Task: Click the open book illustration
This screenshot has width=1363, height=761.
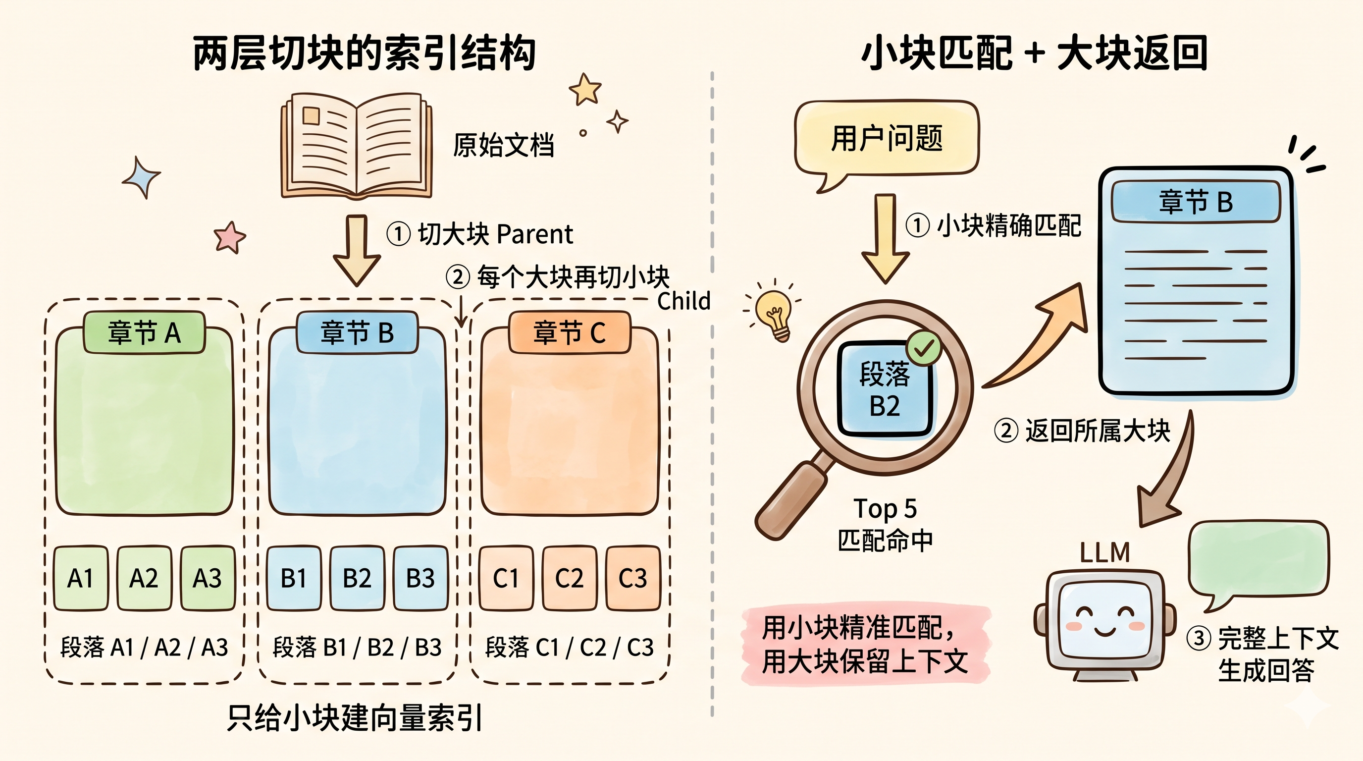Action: pyautogui.click(x=356, y=146)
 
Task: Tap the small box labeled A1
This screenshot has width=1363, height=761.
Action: pyautogui.click(x=81, y=578)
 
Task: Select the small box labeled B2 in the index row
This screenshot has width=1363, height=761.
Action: pyautogui.click(x=357, y=578)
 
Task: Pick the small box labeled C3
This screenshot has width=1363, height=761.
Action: pyautogui.click(x=633, y=578)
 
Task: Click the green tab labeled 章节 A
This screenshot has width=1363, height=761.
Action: pyautogui.click(x=144, y=332)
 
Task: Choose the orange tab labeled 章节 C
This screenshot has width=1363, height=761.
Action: pyautogui.click(x=570, y=332)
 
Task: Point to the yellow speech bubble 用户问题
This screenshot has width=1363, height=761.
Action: pyautogui.click(x=886, y=140)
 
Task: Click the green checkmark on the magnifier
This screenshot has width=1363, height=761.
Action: pyautogui.click(x=923, y=347)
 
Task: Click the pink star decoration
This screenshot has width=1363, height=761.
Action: pyautogui.click(x=230, y=236)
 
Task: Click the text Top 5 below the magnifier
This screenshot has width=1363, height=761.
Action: pyautogui.click(x=885, y=508)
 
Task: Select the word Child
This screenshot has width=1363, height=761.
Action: pyautogui.click(x=683, y=301)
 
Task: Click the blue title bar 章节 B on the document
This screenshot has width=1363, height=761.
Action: pyautogui.click(x=1196, y=202)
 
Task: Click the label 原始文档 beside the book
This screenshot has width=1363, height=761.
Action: pyautogui.click(x=503, y=145)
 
